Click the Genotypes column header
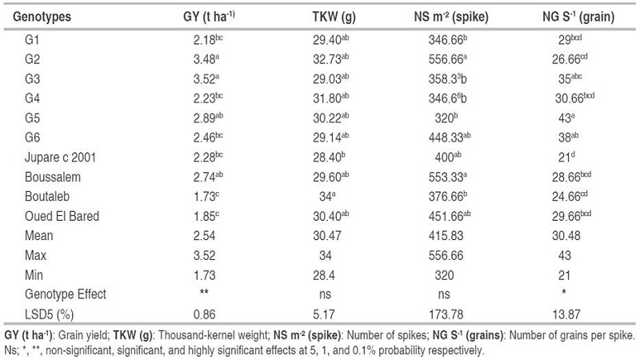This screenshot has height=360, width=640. [41, 15]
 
